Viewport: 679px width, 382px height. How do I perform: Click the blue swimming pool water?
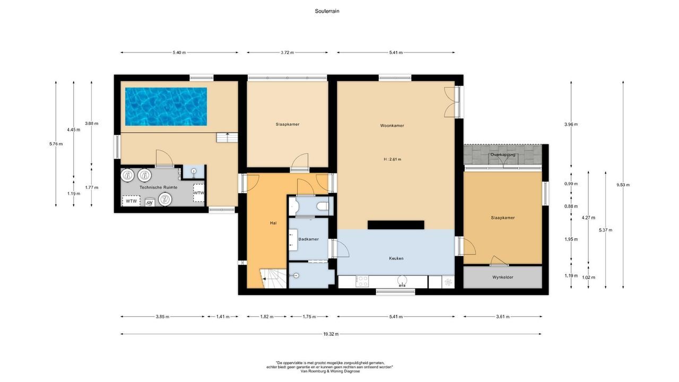pyautogui.click(x=166, y=106)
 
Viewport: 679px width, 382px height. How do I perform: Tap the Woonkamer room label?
pyautogui.click(x=392, y=126)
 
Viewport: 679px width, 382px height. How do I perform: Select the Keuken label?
pyautogui.click(x=396, y=258)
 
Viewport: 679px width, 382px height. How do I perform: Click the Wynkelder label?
pyautogui.click(x=502, y=277)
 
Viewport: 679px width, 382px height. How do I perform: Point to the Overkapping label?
pyautogui.click(x=502, y=155)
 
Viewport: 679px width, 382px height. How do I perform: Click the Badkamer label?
pyautogui.click(x=308, y=239)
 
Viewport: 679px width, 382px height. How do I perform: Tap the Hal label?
pyautogui.click(x=273, y=223)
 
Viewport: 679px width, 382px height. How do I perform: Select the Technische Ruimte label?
pyautogui.click(x=158, y=188)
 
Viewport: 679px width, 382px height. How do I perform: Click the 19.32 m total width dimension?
pyautogui.click(x=331, y=334)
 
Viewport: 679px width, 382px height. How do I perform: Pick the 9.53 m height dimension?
pyautogui.click(x=623, y=185)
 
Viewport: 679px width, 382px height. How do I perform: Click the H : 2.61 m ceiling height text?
pyautogui.click(x=392, y=159)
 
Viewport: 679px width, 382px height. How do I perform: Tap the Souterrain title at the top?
pyautogui.click(x=327, y=11)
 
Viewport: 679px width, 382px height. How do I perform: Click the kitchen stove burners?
pyautogui.click(x=362, y=281)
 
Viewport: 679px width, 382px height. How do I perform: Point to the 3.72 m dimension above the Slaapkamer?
pyautogui.click(x=287, y=53)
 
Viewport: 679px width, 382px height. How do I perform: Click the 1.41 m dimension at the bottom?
pyautogui.click(x=223, y=317)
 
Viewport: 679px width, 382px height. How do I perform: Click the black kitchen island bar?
pyautogui.click(x=396, y=224)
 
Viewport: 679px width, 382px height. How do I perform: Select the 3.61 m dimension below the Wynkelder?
pyautogui.click(x=502, y=317)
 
